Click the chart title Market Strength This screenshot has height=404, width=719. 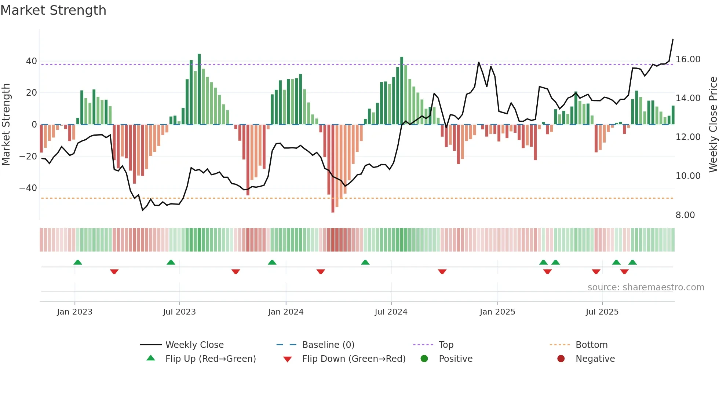[x=53, y=10]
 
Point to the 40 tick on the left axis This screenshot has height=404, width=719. [x=32, y=61]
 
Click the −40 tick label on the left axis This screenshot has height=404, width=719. [x=28, y=188]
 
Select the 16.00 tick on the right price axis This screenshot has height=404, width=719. [x=688, y=59]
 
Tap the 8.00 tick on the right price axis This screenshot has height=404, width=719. [x=685, y=215]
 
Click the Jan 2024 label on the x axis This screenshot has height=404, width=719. [x=286, y=312]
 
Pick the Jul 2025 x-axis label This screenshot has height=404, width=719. [x=602, y=312]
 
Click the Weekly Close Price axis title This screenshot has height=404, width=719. [x=713, y=125]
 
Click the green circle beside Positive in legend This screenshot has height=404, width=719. [x=424, y=359]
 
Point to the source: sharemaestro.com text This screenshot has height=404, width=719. [x=646, y=287]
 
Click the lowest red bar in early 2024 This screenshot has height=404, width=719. [x=333, y=169]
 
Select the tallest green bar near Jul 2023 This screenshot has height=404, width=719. [x=199, y=89]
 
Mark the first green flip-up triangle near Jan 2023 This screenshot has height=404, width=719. [x=78, y=262]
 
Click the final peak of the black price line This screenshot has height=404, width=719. [x=673, y=39]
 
